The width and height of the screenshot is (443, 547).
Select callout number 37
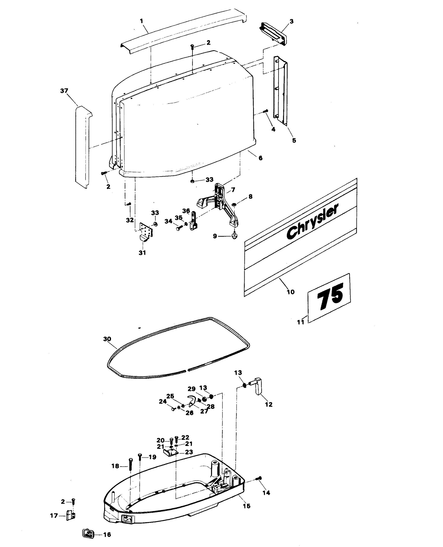click(x=64, y=91)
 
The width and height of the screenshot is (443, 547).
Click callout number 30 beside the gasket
click(x=107, y=339)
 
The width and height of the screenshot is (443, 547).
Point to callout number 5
click(x=294, y=140)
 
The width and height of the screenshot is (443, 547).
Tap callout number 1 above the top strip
click(x=142, y=21)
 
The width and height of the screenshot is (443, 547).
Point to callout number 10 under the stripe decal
click(x=291, y=292)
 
